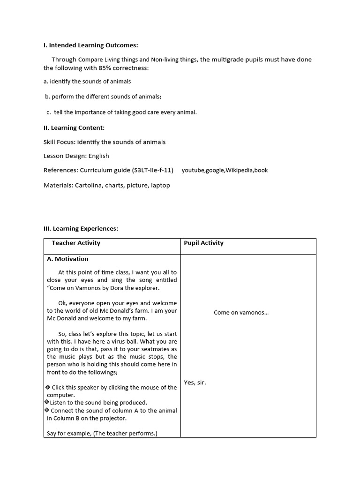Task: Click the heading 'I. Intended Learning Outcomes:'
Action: tap(91, 45)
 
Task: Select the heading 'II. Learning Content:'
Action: tap(74, 127)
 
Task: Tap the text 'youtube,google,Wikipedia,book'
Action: tap(225, 170)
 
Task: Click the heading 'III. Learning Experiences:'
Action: tap(81, 228)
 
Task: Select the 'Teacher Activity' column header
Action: tap(76, 243)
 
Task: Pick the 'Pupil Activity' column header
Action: tap(203, 243)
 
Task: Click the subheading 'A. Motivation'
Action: tap(67, 259)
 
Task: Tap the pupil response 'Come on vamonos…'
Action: tap(241, 312)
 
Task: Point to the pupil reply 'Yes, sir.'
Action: tap(195, 382)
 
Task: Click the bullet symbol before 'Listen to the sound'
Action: tap(47, 402)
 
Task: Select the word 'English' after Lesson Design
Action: tap(98, 156)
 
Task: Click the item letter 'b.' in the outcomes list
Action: tap(47, 97)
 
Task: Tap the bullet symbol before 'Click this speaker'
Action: tap(48, 387)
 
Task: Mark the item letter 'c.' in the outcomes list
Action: tap(49, 112)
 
